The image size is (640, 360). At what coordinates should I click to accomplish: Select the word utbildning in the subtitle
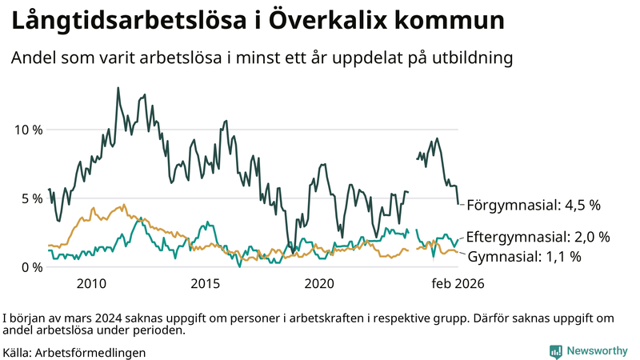[x=470, y=58]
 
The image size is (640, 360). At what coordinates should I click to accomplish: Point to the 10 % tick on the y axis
[x=27, y=130]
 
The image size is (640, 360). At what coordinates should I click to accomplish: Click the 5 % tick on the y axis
[x=30, y=198]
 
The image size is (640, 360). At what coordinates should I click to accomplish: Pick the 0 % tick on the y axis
[x=30, y=267]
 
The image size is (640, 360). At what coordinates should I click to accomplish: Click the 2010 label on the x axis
[x=91, y=284]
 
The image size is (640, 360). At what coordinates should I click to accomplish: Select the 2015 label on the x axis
[x=206, y=284]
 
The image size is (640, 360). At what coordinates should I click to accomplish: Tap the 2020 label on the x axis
[x=320, y=284]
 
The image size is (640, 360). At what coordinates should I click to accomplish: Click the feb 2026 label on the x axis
[x=458, y=284]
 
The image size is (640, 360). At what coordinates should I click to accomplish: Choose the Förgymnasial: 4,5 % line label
[x=533, y=205]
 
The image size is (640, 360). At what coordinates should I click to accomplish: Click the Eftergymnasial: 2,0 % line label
[x=538, y=237]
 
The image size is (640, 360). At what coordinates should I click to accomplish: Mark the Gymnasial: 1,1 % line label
[x=524, y=257]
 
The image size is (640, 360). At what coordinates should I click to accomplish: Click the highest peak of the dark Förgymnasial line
[x=118, y=88]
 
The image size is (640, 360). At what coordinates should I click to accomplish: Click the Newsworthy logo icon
[x=555, y=351]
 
